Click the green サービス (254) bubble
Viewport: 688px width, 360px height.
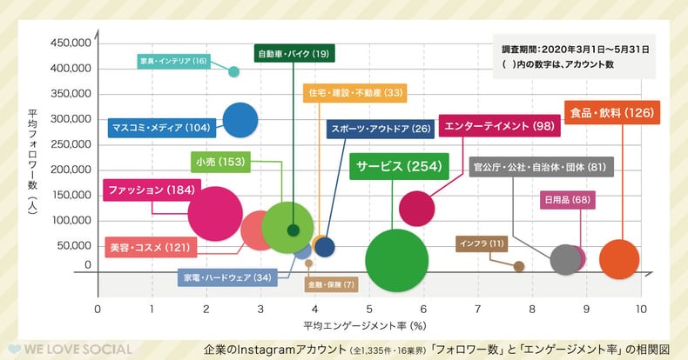397,260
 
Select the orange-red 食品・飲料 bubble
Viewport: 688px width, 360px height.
619,258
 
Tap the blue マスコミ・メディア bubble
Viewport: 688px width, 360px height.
240,121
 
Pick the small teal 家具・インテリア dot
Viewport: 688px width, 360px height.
233,71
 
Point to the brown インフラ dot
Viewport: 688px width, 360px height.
519,266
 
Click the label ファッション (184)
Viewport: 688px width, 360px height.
150,190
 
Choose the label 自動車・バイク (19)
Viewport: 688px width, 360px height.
293,54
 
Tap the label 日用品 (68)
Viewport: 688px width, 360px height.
567,201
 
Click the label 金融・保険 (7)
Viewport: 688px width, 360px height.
331,284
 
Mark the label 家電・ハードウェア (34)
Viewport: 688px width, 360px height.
226,278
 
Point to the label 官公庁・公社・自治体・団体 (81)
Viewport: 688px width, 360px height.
541,166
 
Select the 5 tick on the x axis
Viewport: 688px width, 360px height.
370,309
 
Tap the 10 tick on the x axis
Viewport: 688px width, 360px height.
641,309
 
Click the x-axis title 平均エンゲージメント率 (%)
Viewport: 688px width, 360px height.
364,325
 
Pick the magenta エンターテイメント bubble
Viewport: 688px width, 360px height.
417,208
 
